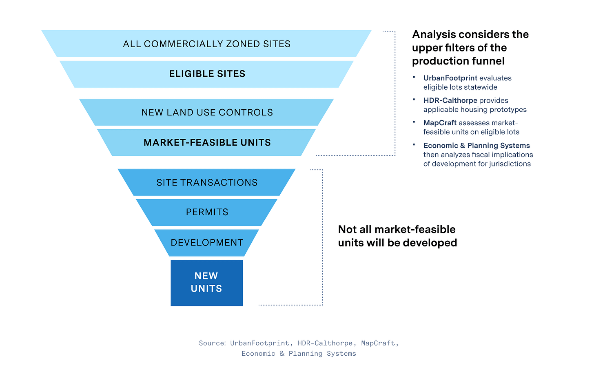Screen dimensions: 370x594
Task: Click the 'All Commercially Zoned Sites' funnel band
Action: (206, 44)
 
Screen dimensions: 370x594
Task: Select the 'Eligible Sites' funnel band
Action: (207, 74)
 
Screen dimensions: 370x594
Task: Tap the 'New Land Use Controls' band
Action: (207, 112)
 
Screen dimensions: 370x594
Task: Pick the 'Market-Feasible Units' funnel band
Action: (207, 142)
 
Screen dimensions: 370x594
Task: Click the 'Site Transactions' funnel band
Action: (207, 182)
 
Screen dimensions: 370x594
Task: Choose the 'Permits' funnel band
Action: (207, 212)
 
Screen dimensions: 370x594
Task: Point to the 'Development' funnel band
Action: (207, 243)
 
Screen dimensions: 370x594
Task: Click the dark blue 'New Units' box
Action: (207, 283)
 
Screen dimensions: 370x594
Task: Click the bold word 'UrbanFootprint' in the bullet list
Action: (450, 78)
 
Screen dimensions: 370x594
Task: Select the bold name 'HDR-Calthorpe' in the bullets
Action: (450, 100)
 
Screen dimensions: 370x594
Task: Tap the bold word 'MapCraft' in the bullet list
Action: (440, 123)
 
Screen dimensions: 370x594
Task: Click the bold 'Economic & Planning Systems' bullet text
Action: (477, 146)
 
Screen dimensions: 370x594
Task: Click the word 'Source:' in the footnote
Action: (212, 343)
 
